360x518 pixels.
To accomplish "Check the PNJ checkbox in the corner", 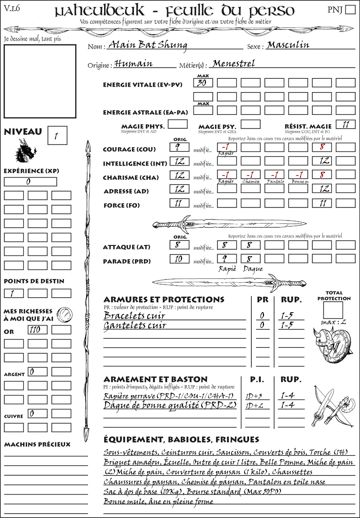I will click(x=350, y=9).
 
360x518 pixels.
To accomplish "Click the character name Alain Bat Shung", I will click(x=148, y=45).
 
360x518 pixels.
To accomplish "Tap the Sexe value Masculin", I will click(x=288, y=45).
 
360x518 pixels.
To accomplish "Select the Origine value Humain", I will click(x=133, y=64).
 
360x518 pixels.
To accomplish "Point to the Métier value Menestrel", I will click(x=234, y=64).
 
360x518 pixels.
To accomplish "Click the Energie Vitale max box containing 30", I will click(x=203, y=83).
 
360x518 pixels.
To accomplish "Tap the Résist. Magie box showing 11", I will click(x=345, y=124).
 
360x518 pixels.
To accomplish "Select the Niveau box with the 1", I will click(x=57, y=136).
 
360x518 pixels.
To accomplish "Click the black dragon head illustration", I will click(x=25, y=151).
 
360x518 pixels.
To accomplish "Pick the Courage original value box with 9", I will click(x=179, y=147).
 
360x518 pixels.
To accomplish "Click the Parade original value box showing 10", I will click(x=179, y=259).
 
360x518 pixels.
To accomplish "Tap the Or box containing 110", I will click(x=37, y=330).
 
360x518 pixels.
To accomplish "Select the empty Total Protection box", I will click(x=333, y=310).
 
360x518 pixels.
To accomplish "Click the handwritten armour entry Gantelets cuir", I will click(x=135, y=325).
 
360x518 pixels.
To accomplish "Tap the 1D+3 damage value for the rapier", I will click(x=254, y=396).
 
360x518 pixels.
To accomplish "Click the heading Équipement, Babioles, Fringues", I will click(x=181, y=439).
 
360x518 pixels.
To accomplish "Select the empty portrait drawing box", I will click(x=40, y=81).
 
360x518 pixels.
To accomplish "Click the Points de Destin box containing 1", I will click(x=13, y=293).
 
